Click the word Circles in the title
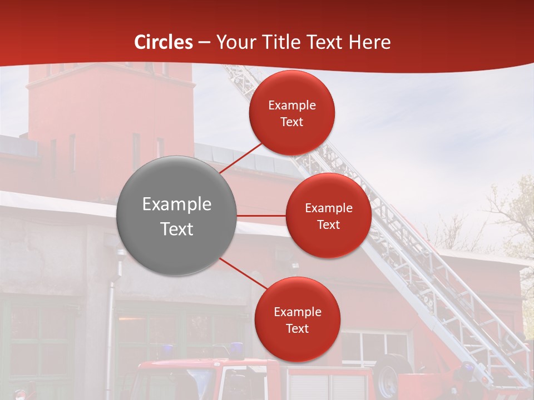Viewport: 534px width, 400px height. tap(164, 42)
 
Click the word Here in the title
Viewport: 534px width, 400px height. tap(369, 42)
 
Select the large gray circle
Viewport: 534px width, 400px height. tap(176, 216)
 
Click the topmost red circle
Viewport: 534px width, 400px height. tap(291, 113)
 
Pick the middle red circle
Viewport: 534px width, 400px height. tap(328, 216)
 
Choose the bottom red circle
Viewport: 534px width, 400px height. tap(297, 319)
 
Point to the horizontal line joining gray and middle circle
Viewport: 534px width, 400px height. tap(261, 216)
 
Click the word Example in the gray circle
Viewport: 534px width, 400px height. tap(176, 204)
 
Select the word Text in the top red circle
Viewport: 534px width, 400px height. tap(291, 122)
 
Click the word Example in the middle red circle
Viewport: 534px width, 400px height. tap(328, 208)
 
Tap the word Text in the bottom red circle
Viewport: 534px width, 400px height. tap(297, 328)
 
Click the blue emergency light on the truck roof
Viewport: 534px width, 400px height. tap(239, 349)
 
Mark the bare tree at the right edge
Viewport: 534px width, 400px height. tap(515, 217)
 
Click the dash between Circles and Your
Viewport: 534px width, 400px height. tap(204, 43)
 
